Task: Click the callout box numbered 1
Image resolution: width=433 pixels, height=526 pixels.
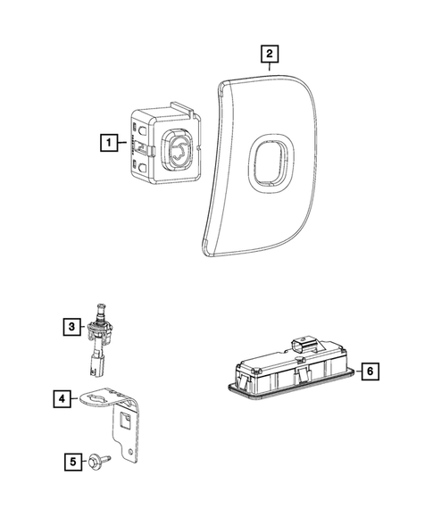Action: pos(107,142)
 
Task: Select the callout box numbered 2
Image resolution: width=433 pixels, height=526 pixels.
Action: pos(267,54)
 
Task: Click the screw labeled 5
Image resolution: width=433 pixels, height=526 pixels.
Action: pos(95,462)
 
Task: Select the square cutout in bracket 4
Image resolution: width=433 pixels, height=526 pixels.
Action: pos(125,415)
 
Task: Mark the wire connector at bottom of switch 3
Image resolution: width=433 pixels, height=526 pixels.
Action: pos(94,363)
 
